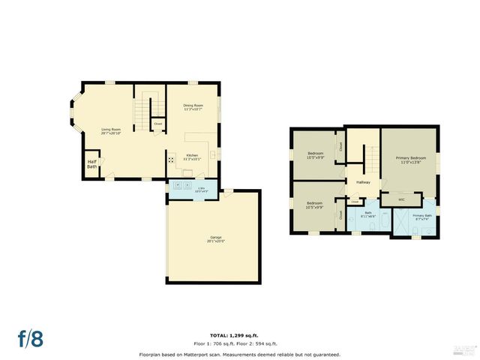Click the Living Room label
point(111,133)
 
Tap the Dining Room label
point(193,107)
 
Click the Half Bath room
point(92,164)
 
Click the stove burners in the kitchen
point(171,159)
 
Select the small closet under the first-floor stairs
point(158,124)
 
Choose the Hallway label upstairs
point(363,182)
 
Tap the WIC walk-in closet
point(401,199)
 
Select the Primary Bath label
point(423,217)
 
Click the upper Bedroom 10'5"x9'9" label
point(315,155)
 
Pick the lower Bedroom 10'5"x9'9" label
point(315,205)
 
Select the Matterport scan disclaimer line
point(239,353)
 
